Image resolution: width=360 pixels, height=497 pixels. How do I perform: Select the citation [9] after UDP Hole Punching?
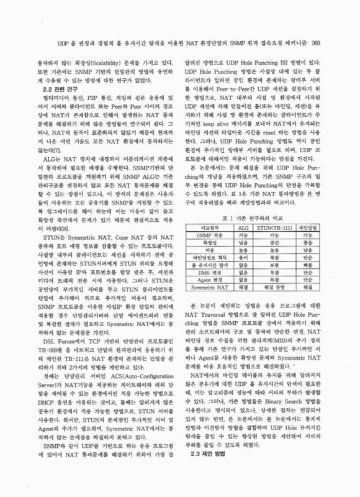point(284,62)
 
